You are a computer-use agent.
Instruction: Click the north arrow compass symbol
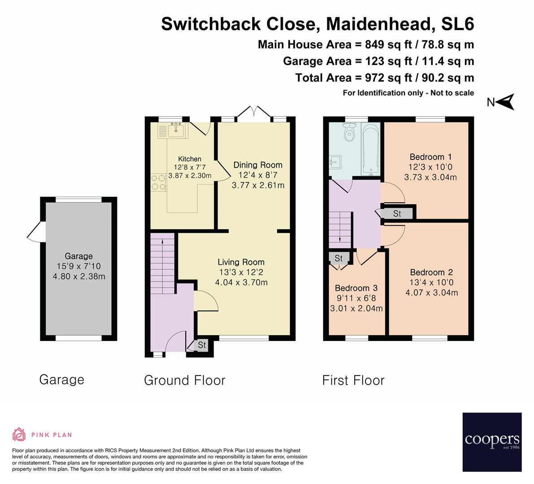click(x=505, y=102)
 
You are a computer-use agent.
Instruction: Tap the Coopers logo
click(x=492, y=442)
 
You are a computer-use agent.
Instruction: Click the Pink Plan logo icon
click(x=19, y=434)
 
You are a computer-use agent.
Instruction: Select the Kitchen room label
click(x=190, y=159)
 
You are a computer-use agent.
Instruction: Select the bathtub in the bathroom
click(x=371, y=149)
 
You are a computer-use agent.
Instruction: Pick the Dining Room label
click(x=258, y=165)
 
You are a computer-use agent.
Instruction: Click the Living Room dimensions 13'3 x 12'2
click(x=241, y=272)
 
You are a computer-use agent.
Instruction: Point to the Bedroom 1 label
click(x=430, y=157)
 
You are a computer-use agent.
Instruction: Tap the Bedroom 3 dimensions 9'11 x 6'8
click(x=356, y=298)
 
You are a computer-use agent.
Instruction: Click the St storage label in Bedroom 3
click(x=339, y=258)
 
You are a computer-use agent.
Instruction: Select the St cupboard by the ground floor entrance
click(x=202, y=345)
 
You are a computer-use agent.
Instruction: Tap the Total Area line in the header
click(x=384, y=78)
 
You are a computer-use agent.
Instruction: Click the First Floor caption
click(x=353, y=380)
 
